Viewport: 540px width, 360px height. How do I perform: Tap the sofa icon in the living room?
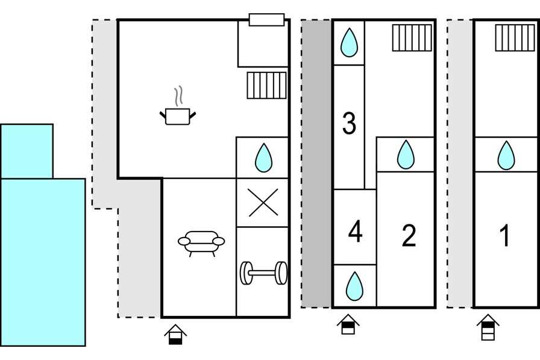(201, 241)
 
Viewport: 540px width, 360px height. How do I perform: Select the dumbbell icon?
(263, 273)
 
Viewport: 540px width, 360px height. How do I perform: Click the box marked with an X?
(263, 202)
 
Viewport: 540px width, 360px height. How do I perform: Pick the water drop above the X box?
(263, 157)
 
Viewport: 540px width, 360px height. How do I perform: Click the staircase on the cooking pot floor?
(266, 85)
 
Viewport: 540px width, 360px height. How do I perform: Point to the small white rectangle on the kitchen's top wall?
(266, 20)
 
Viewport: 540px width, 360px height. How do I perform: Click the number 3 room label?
(349, 124)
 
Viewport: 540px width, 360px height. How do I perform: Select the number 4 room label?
(356, 232)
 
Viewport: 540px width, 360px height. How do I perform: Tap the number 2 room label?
(409, 236)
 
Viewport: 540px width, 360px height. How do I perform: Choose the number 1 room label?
(505, 236)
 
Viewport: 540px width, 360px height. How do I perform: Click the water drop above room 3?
(349, 43)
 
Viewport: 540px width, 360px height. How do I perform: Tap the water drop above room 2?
(406, 155)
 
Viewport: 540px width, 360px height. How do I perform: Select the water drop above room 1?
(506, 155)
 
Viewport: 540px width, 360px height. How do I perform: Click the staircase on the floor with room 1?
(515, 37)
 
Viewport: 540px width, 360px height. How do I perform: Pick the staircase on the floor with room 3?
(412, 37)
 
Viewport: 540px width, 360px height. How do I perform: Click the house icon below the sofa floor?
(175, 334)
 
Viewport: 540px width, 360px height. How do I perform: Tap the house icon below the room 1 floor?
(488, 327)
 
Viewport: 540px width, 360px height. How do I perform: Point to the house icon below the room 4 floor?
(348, 324)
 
